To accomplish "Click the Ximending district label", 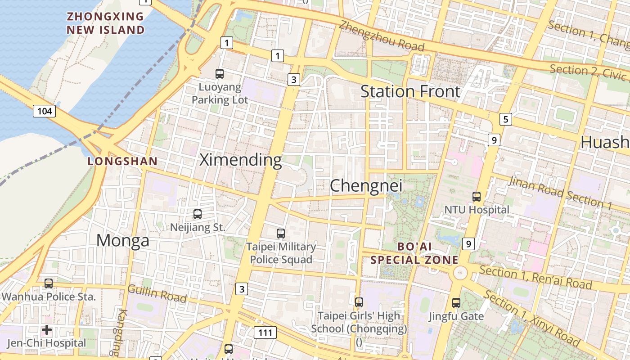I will coord(241,160).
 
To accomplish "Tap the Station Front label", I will coord(410,91).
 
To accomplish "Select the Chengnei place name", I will coord(366,186).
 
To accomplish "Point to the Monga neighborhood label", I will coord(123,240).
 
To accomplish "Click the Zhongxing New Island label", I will coord(106,23).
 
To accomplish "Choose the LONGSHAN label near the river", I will coord(123,161).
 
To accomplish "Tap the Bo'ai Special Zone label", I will coord(414,253).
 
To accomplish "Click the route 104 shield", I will coord(44,111).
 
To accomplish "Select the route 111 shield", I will coord(265,333).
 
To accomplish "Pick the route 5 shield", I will coord(506,119).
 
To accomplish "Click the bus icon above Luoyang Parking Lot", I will coord(220,74).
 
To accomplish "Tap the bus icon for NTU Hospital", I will coord(477,197).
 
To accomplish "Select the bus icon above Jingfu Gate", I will coord(456,303).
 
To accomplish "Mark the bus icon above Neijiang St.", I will coord(197,214).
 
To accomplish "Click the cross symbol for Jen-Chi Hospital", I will coord(47,330).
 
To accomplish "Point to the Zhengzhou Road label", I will coord(382,36).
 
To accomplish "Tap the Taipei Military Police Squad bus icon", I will coord(281,234).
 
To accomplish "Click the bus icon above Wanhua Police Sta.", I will coord(49,283).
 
